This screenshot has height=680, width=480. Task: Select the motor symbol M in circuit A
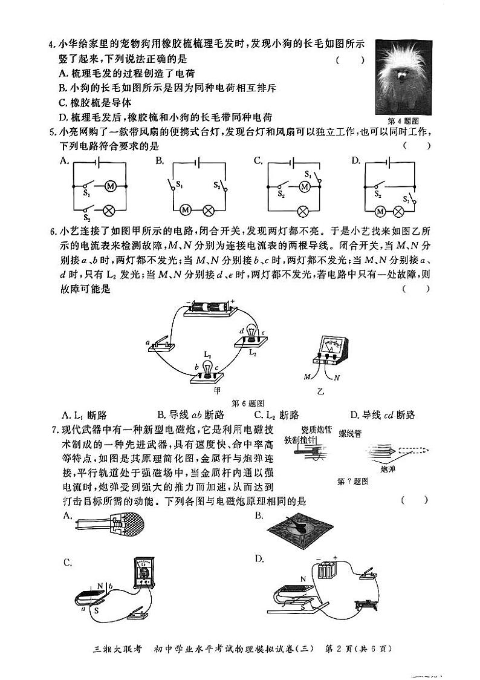tap(110, 186)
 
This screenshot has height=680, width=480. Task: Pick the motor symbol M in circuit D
tap(380, 211)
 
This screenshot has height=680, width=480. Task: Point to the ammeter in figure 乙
tap(330, 351)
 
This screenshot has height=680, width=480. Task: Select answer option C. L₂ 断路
tap(277, 415)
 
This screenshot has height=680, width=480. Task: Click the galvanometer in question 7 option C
tap(145, 573)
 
